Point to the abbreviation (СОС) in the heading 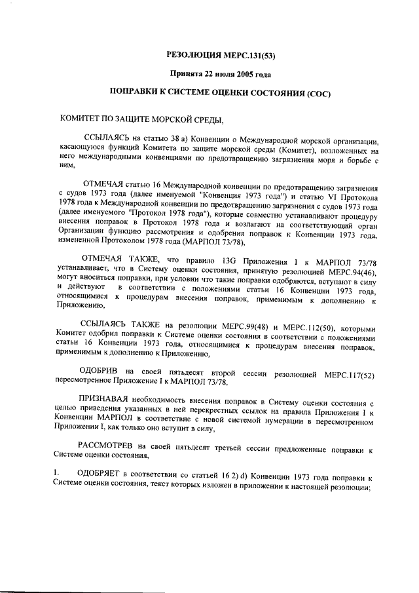click(319, 93)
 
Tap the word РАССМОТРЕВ click(108, 446)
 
